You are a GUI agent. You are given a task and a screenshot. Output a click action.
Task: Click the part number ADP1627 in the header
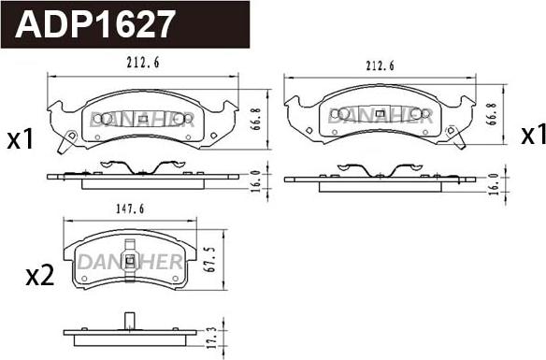(94, 23)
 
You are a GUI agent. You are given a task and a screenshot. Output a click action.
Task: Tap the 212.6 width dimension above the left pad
(143, 63)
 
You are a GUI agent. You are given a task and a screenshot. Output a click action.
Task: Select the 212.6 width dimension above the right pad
(380, 65)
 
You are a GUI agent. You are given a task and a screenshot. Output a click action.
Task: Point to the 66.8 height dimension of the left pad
(256, 119)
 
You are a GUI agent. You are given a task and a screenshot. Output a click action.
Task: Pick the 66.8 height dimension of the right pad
(492, 114)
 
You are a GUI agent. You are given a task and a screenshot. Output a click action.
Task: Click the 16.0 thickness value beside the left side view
(255, 181)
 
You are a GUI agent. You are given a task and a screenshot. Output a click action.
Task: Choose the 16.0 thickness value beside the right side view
(495, 184)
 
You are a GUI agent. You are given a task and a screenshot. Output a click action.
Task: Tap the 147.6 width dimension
(130, 209)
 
